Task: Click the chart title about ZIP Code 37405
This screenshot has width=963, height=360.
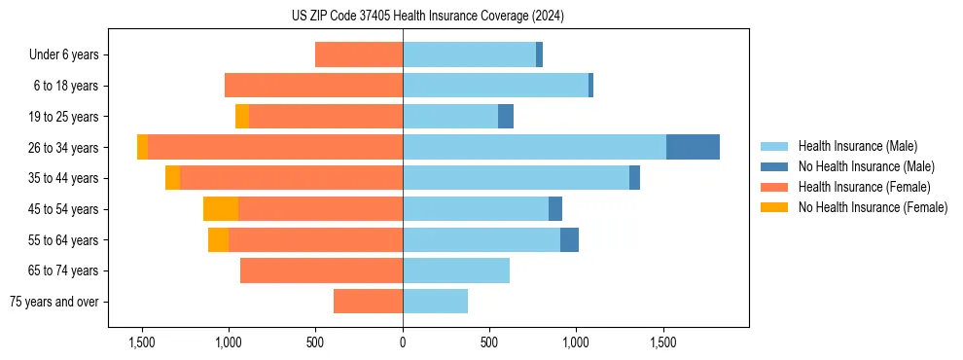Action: (427, 17)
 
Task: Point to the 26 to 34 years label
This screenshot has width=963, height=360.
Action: (63, 148)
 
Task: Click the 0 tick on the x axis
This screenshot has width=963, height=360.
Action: (403, 342)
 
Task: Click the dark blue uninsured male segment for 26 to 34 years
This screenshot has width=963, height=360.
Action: (693, 147)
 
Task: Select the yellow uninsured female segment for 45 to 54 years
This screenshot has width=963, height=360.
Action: (220, 209)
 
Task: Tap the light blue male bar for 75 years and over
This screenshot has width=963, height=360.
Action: (435, 302)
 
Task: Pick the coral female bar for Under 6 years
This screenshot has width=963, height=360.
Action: (359, 55)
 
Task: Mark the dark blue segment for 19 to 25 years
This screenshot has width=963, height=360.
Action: (506, 117)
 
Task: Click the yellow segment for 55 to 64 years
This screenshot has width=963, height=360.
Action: (218, 240)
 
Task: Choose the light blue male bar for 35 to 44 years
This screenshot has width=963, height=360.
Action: (516, 178)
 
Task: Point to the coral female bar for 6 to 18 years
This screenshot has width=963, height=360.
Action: (313, 86)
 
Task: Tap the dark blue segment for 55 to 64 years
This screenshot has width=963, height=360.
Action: (569, 240)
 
